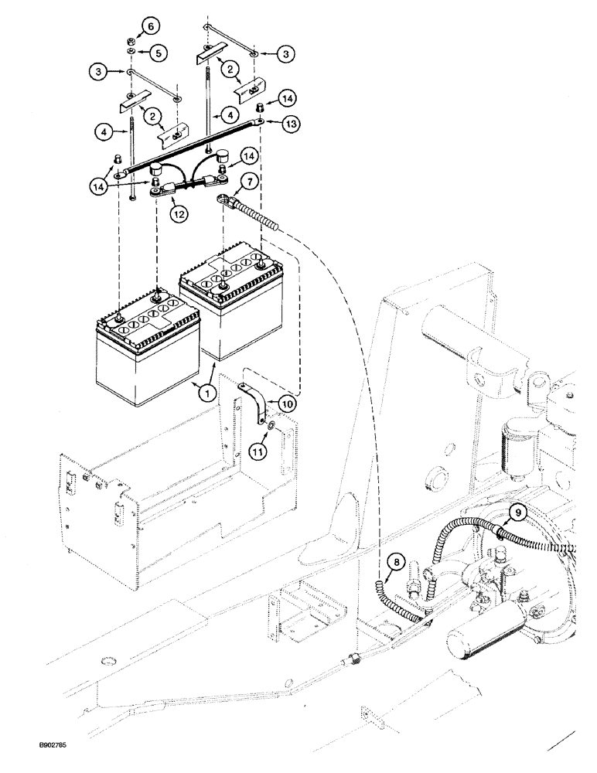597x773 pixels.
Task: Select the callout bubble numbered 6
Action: [x=151, y=26]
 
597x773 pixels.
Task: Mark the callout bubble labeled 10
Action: [x=287, y=403]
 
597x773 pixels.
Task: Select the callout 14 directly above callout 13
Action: [x=288, y=98]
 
